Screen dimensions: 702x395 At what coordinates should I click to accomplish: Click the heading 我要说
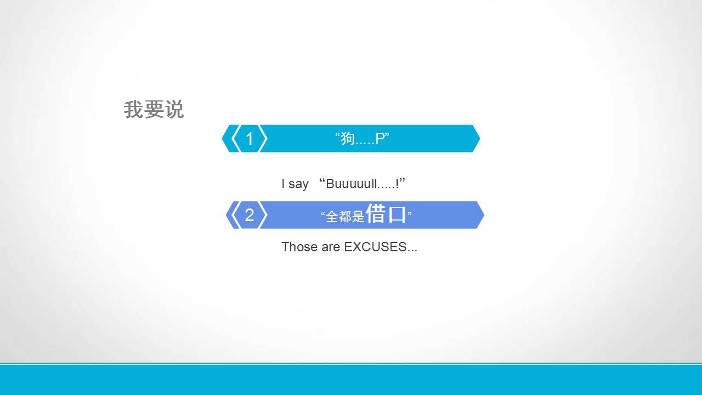pyautogui.click(x=154, y=110)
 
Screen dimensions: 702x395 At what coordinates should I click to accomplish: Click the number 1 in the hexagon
pyautogui.click(x=249, y=139)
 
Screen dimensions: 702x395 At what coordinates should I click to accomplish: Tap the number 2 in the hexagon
pyautogui.click(x=249, y=215)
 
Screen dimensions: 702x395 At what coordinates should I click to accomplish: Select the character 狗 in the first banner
pyautogui.click(x=348, y=138)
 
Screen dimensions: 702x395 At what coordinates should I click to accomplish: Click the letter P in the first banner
pyautogui.click(x=380, y=138)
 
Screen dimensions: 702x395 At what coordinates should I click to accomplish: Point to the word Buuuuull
pyautogui.click(x=351, y=184)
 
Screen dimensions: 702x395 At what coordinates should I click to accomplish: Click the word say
pyautogui.click(x=298, y=184)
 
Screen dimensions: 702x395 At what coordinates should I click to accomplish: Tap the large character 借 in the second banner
pyautogui.click(x=376, y=213)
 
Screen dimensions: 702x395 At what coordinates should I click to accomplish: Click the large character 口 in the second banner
pyautogui.click(x=397, y=214)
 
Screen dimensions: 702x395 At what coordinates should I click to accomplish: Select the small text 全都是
pyautogui.click(x=345, y=216)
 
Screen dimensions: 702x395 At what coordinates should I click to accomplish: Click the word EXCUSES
pyautogui.click(x=375, y=247)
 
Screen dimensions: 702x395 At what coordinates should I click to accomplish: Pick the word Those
pyautogui.click(x=299, y=247)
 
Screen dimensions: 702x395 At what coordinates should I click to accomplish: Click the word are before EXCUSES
pyautogui.click(x=331, y=247)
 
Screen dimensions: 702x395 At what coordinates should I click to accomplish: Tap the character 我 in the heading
pyautogui.click(x=133, y=110)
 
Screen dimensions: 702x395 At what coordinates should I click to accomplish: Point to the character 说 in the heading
pyautogui.click(x=174, y=110)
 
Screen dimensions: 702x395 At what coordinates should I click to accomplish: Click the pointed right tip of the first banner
pyautogui.click(x=480, y=139)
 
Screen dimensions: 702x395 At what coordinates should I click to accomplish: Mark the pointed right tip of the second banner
pyautogui.click(x=484, y=215)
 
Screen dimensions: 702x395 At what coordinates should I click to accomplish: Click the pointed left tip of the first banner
pyautogui.click(x=222, y=139)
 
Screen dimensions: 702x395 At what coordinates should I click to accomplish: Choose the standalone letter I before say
pyautogui.click(x=283, y=184)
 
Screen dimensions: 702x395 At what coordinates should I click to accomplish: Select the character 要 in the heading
pyautogui.click(x=154, y=110)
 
